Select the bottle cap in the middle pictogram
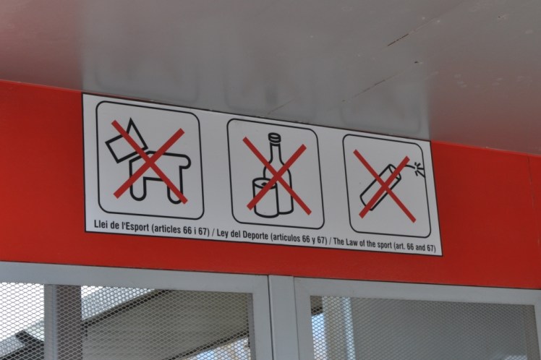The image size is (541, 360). pos(275,137)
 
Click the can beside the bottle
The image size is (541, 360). pos(265,198)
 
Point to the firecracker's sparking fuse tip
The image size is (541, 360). pos(419,168)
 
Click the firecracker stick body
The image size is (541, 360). pos(381,188)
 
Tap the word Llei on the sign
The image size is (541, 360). pos(101,224)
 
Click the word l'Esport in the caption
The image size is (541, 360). pos(135,226)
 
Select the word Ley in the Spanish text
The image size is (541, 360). pos(223,233)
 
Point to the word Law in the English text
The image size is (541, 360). pos(353,242)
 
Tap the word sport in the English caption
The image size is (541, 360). pos(383,245)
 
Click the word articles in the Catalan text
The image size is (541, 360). pos(167,229)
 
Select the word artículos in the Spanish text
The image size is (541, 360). pos(286,238)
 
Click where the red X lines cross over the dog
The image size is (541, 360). pos(150,160)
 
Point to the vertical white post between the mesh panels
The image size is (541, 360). pos(281,318)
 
